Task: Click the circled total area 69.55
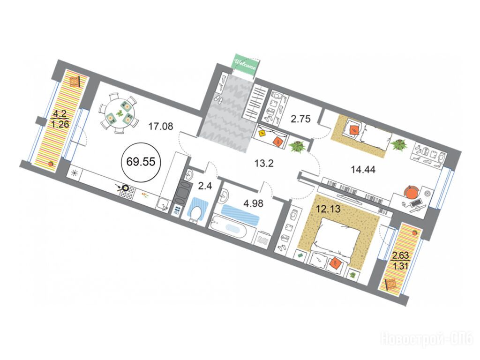tap(141, 161)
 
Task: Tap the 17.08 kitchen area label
tap(161, 126)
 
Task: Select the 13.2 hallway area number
tap(264, 164)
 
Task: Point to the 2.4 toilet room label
tap(205, 186)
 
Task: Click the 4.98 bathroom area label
tap(253, 203)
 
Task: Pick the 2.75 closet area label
tap(300, 119)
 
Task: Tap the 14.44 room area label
tap(363, 169)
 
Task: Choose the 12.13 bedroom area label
tap(328, 209)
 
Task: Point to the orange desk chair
tap(412, 192)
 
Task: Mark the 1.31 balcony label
tap(401, 266)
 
